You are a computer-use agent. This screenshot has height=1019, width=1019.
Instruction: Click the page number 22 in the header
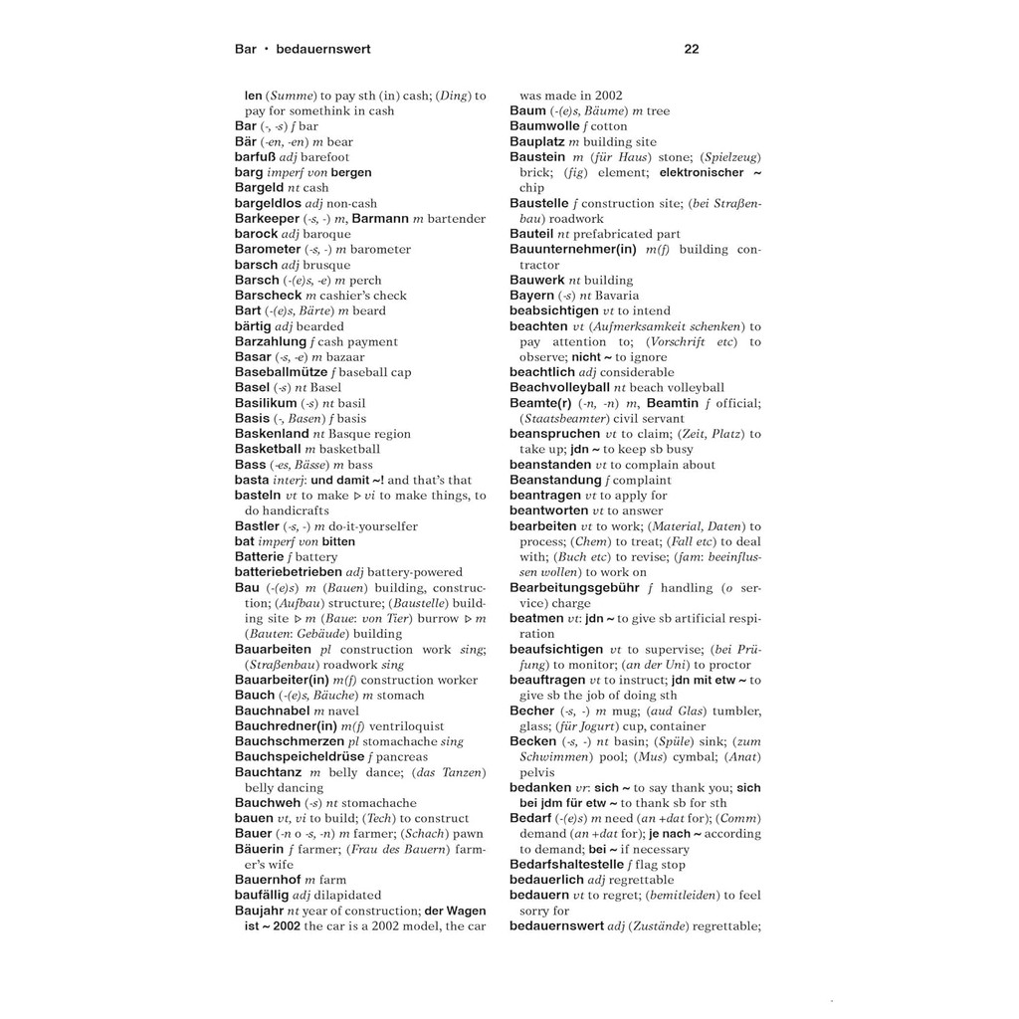point(692,48)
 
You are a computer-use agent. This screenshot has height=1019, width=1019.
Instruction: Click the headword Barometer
point(267,249)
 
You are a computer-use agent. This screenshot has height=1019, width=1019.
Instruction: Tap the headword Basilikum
point(266,403)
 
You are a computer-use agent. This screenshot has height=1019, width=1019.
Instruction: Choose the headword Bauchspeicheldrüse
point(300,756)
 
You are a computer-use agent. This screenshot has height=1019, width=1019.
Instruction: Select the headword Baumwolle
point(545,126)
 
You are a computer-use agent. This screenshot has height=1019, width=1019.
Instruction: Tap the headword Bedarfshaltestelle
point(580,864)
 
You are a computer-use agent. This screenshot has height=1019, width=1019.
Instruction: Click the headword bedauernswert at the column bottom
point(556,925)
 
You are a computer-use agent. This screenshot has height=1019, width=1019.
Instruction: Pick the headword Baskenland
point(272,434)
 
